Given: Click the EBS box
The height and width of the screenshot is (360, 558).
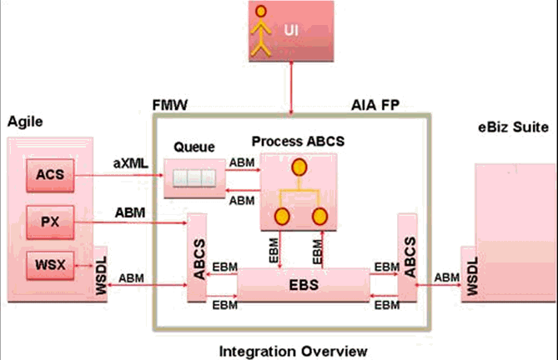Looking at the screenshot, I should click(304, 285).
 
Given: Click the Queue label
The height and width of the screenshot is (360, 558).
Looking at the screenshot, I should click(194, 147).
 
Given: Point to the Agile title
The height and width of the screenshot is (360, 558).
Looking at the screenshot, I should click(25, 122).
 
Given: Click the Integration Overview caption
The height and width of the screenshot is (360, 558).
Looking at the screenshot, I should click(292, 351).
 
